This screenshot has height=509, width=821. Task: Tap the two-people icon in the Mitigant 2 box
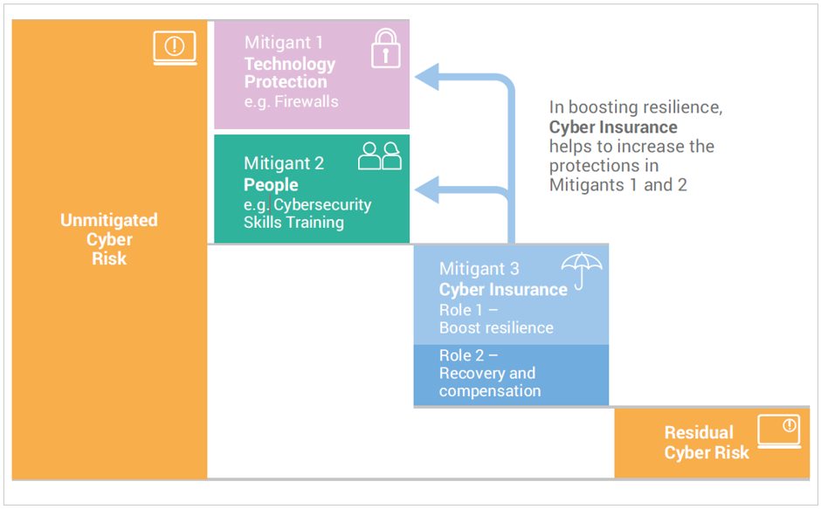pyautogui.click(x=380, y=156)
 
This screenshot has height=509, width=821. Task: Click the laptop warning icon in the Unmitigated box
pyautogui.click(x=175, y=48)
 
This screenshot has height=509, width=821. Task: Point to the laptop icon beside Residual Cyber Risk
pyautogui.click(x=779, y=431)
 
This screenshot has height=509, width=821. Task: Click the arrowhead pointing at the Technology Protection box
pyautogui.click(x=427, y=77)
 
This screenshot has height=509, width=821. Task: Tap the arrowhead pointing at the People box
pyautogui.click(x=427, y=189)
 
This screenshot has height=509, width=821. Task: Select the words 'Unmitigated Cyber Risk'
pyautogui.click(x=109, y=239)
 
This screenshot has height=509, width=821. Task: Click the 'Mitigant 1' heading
pyautogui.click(x=283, y=43)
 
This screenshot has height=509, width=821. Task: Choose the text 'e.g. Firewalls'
pyautogui.click(x=291, y=101)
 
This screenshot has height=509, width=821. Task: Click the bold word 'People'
pyautogui.click(x=271, y=185)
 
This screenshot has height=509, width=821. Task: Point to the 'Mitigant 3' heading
pyautogui.click(x=479, y=269)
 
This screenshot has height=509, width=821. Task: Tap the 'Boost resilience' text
pyautogui.click(x=496, y=327)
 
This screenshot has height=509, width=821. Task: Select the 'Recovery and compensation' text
pyautogui.click(x=490, y=382)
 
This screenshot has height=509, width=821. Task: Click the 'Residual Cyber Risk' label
pyautogui.click(x=707, y=443)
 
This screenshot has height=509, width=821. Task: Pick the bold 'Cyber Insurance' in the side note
pyautogui.click(x=613, y=127)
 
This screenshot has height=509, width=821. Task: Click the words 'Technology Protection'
pyautogui.click(x=290, y=72)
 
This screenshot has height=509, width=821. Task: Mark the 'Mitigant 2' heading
pyautogui.click(x=284, y=163)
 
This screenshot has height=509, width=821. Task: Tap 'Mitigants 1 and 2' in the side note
pyautogui.click(x=617, y=185)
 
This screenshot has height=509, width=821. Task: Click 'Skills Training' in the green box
pyautogui.click(x=293, y=222)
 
